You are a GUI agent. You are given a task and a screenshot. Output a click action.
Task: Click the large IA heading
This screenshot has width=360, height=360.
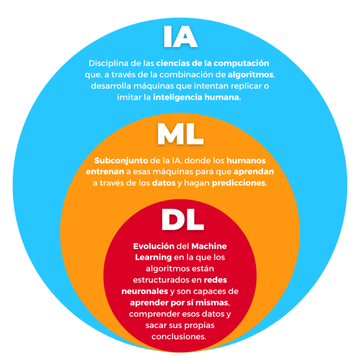[x=180, y=37]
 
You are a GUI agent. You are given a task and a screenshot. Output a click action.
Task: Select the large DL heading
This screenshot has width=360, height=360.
[x=182, y=219]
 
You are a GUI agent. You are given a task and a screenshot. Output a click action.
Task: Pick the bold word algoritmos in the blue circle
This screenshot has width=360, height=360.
[x=250, y=75]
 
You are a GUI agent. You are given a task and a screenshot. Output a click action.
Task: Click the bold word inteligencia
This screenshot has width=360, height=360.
[x=178, y=97]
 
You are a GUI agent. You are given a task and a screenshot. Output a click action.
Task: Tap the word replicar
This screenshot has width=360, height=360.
[x=246, y=86]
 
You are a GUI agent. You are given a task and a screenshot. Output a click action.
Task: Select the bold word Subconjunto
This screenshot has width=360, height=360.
[x=121, y=160]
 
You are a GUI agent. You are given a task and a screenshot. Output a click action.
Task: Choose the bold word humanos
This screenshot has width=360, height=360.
[x=246, y=160]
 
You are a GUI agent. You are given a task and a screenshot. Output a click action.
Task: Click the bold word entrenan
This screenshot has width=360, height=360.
[x=105, y=172]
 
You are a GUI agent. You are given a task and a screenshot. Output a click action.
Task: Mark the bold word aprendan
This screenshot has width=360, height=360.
[x=254, y=172]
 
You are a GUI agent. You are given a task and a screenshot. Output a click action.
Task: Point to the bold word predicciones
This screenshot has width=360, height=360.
[x=239, y=183]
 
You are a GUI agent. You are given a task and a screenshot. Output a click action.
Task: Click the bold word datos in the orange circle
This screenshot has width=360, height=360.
[x=164, y=183]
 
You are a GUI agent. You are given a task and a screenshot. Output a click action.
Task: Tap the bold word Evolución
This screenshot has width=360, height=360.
[x=154, y=246]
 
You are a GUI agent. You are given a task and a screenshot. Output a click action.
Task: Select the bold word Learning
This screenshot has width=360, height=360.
[x=153, y=257]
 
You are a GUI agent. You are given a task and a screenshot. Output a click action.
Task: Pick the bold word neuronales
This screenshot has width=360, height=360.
[x=145, y=292]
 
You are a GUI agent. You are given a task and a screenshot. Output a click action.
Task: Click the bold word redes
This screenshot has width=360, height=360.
[x=215, y=280]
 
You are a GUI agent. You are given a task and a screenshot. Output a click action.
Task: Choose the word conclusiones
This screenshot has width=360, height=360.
[x=179, y=337]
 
